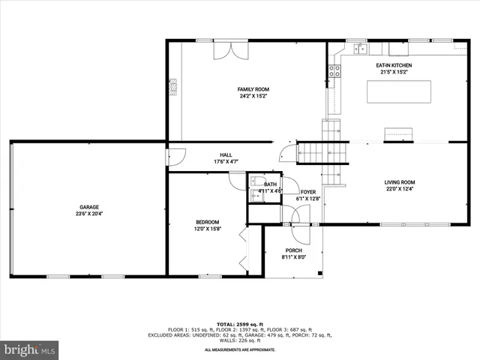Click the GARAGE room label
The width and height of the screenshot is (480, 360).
point(89,207)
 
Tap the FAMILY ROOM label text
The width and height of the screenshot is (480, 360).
point(253,89)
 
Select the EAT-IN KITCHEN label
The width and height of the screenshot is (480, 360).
point(394,65)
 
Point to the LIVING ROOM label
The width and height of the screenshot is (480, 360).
point(400,182)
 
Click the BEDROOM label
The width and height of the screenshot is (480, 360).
point(208,222)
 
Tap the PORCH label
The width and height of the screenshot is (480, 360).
point(293,250)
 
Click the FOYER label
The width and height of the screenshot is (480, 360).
point(307,192)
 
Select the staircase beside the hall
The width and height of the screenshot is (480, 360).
point(323,152)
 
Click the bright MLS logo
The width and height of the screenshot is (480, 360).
point(30,349)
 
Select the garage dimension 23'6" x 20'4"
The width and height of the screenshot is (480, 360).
point(89,214)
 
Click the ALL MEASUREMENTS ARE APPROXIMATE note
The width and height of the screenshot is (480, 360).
point(239,349)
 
